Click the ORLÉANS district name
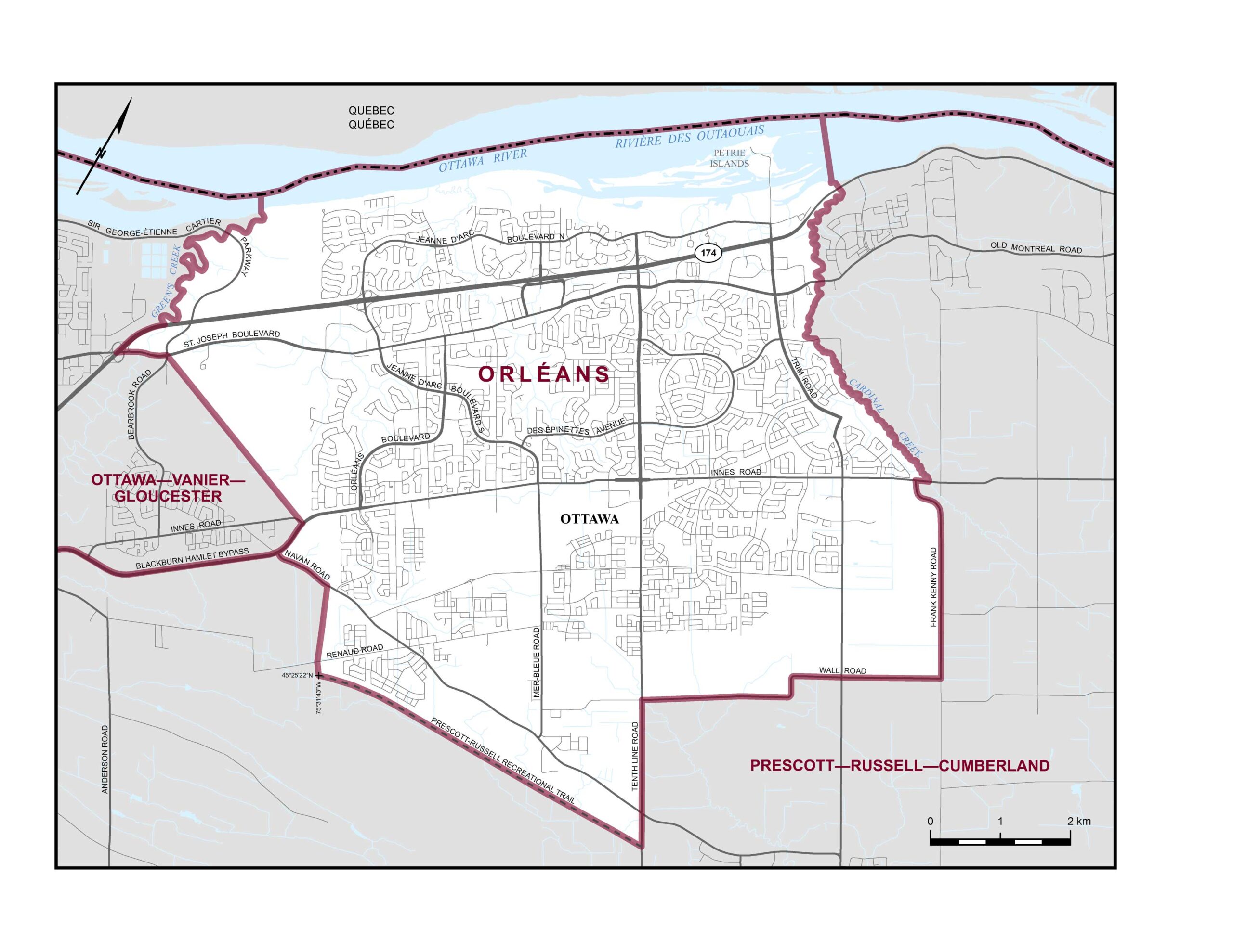(x=544, y=374)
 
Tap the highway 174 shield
(x=708, y=253)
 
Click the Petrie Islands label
(x=729, y=158)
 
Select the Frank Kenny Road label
(x=933, y=587)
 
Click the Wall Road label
(x=842, y=670)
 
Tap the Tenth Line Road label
(x=635, y=756)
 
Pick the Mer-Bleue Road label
(x=537, y=663)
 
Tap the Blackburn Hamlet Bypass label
(x=192, y=559)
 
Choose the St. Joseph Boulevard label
(x=232, y=338)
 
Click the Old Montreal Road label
(x=1036, y=248)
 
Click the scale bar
(x=1000, y=841)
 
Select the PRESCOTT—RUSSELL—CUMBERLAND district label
(x=900, y=766)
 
